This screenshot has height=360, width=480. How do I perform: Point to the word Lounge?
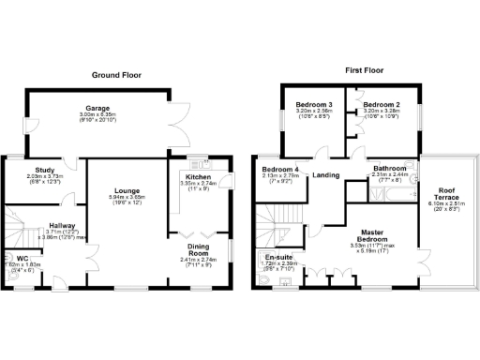point(127,192)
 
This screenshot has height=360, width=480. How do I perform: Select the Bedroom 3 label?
point(315,104)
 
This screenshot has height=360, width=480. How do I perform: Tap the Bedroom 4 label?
point(279,168)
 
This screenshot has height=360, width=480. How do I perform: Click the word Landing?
point(325,174)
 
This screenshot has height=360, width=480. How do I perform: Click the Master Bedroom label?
point(367,235)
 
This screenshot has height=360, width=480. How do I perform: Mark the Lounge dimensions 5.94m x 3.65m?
point(127,198)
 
